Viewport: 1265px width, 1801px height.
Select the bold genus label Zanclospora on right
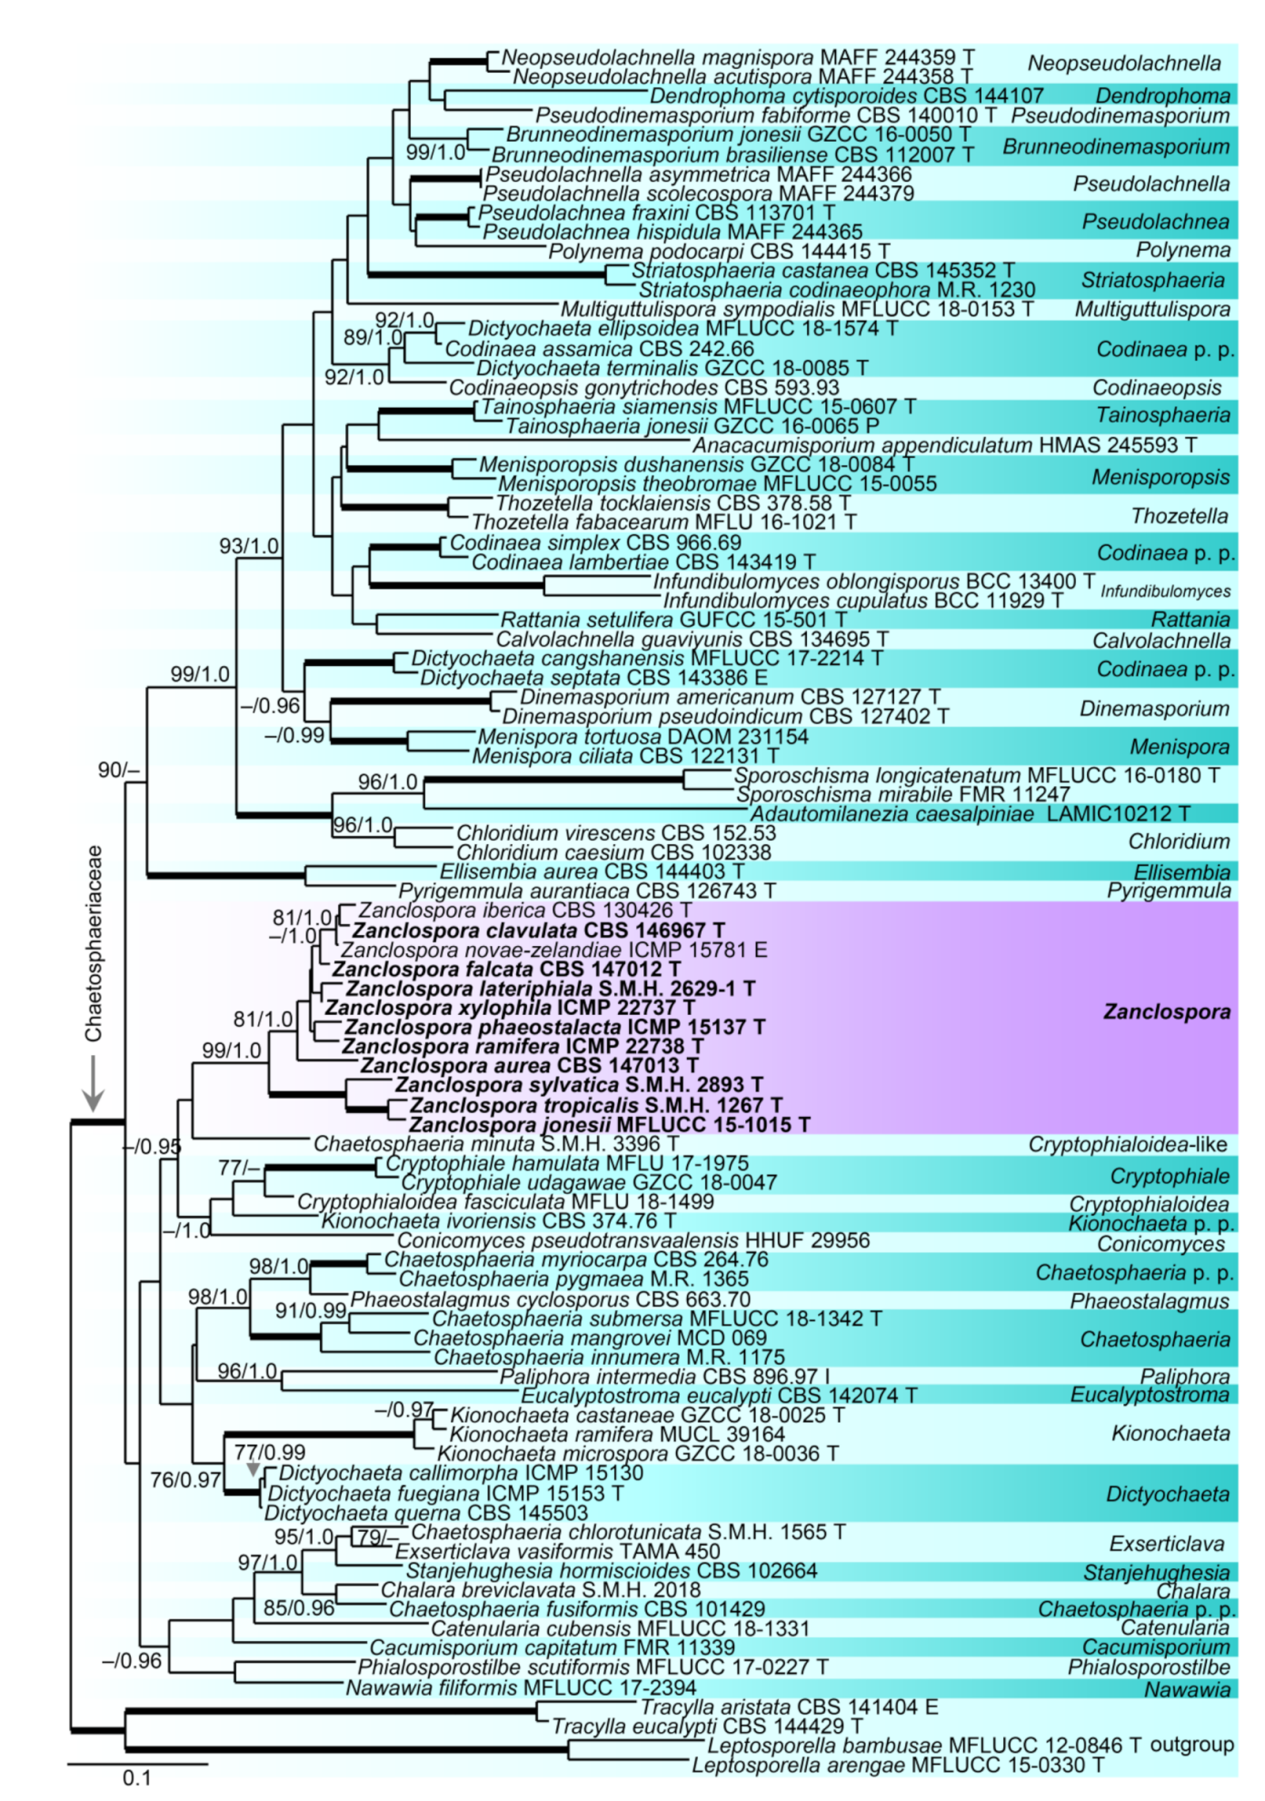(x=1166, y=1012)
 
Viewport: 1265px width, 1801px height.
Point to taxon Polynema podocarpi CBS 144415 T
(x=719, y=251)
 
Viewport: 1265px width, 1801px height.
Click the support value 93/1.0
(x=248, y=546)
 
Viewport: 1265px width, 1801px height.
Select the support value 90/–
(x=118, y=770)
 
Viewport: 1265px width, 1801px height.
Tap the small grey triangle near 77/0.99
(x=253, y=1469)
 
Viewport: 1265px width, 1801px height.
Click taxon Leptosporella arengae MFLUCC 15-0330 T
(x=898, y=1765)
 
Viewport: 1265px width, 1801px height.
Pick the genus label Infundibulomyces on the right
(x=1165, y=592)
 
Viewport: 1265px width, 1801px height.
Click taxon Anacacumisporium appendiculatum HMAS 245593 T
(x=944, y=445)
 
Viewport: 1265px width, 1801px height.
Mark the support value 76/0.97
(x=185, y=1479)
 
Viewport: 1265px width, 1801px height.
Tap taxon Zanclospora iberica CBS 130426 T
(x=524, y=910)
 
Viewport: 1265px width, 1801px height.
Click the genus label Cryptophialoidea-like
(x=1127, y=1144)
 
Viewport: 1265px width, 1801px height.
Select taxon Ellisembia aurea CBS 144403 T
(x=592, y=871)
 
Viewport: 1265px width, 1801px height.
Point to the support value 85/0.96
(x=299, y=1607)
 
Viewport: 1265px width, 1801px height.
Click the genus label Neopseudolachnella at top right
(x=1123, y=64)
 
